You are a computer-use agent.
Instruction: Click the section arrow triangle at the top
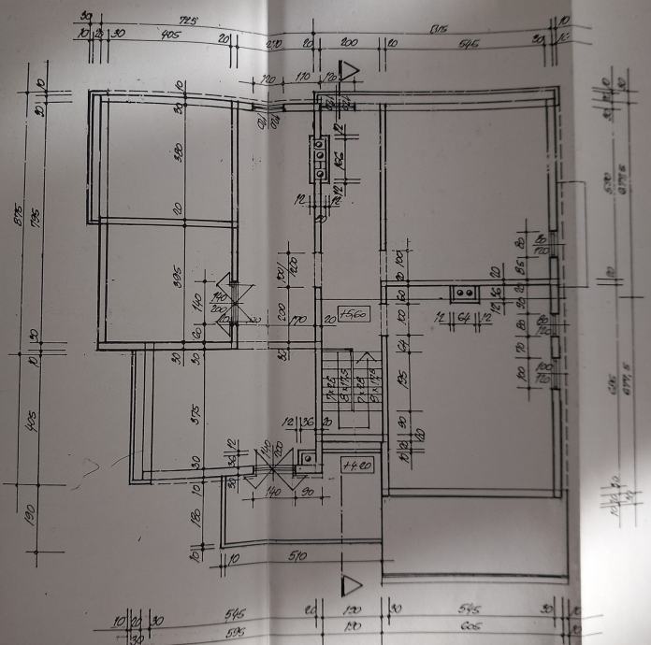pyautogui.click(x=350, y=71)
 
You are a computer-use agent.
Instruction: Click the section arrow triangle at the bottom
pyautogui.click(x=352, y=585)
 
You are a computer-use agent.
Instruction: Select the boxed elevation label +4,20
pyautogui.click(x=357, y=465)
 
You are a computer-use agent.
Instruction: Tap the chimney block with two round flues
pyautogui.click(x=465, y=294)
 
